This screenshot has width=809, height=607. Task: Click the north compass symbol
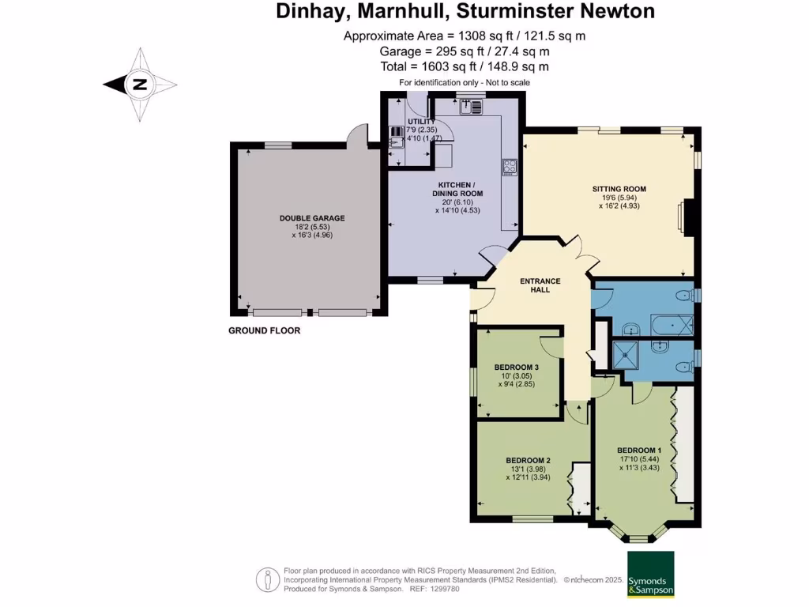140,85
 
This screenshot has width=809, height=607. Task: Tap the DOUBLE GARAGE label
312,218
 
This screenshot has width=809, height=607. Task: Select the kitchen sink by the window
471,105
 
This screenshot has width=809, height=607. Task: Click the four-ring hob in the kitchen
510,168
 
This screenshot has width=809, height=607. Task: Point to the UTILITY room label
420,121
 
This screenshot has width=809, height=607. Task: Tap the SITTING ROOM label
619,189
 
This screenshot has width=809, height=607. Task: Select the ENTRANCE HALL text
540,285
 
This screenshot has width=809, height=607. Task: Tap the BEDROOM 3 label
516,367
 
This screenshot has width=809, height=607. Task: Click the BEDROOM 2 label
528,461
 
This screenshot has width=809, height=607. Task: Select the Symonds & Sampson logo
652,575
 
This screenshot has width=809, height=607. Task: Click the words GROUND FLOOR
265,330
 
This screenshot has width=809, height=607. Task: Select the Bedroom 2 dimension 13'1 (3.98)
528,469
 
